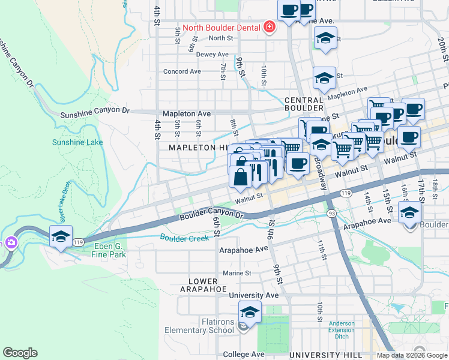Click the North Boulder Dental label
coord(221,28)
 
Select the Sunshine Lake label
coord(77,142)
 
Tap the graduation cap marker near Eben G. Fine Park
coord(61,237)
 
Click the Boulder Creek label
coord(184,238)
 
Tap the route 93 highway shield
coord(331,214)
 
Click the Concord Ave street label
coord(182,71)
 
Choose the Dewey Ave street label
coord(214,54)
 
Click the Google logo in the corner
coord(20,353)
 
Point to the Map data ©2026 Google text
coord(412,355)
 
